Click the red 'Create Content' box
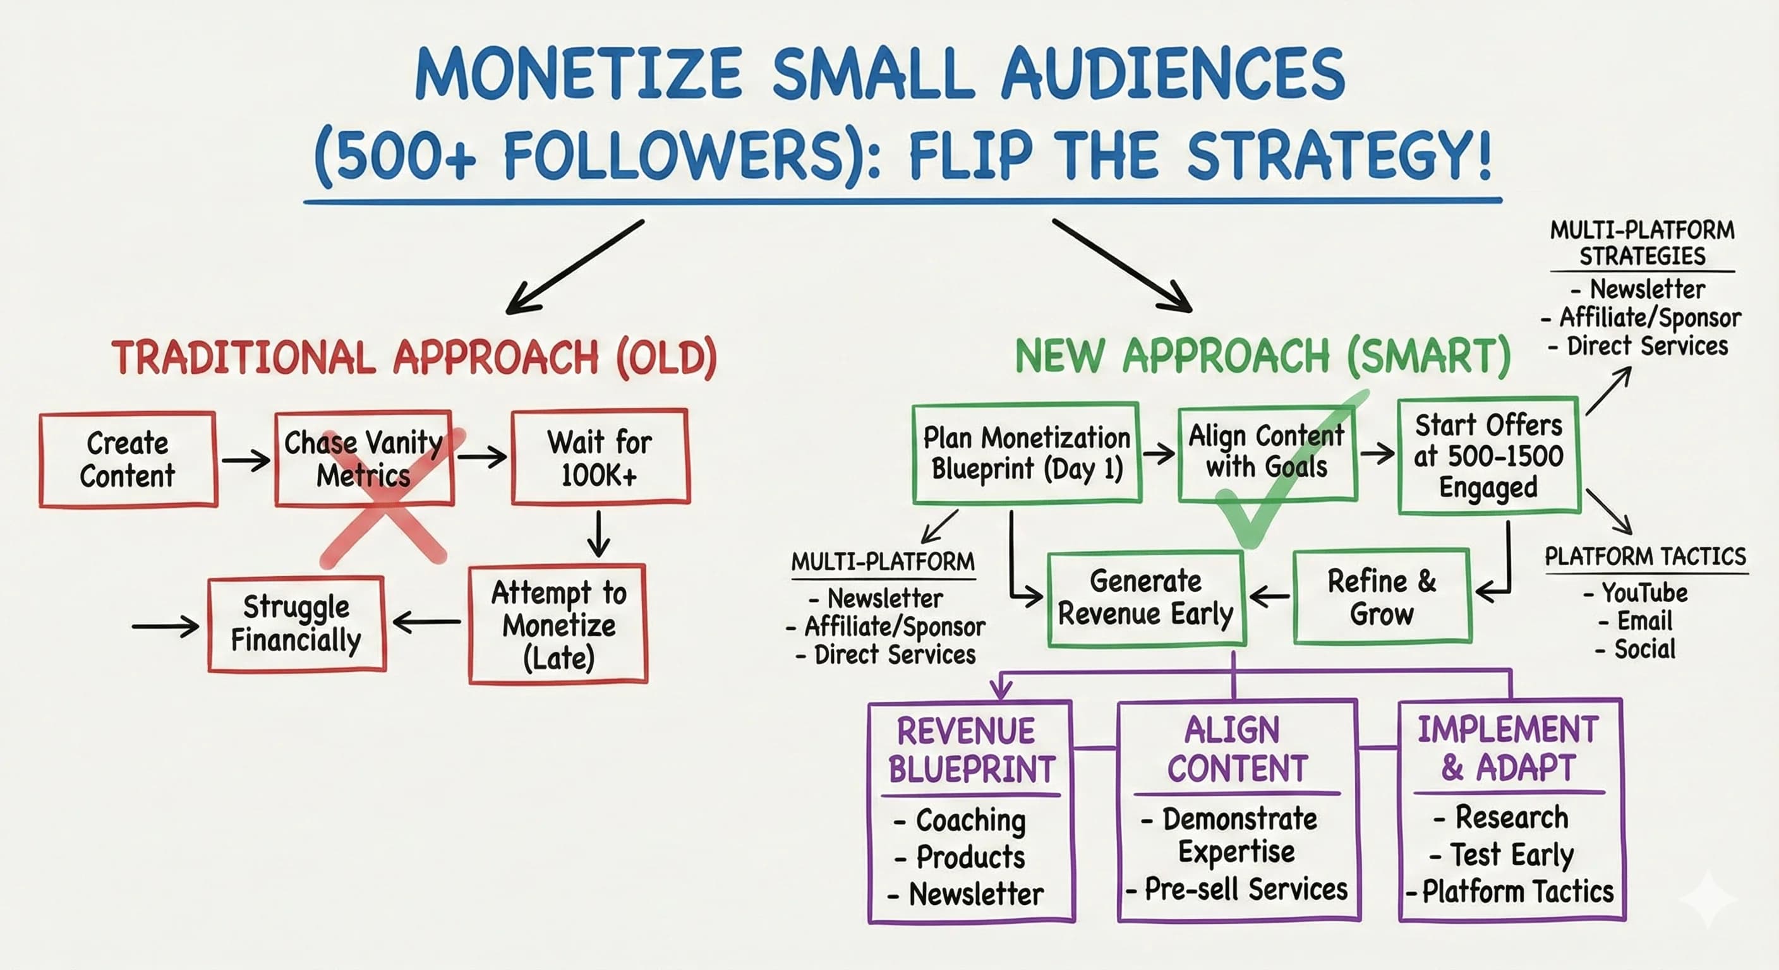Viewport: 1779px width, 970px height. click(128, 460)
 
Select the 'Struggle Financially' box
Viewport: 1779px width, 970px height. click(296, 623)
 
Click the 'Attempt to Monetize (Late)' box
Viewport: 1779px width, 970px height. click(558, 624)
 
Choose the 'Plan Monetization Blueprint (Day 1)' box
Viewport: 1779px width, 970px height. click(1026, 453)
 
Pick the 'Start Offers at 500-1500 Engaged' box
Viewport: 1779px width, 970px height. click(1488, 456)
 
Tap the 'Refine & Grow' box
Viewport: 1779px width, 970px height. click(1382, 597)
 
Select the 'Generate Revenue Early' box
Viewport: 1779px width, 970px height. click(1146, 598)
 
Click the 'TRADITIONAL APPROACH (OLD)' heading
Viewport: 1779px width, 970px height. click(414, 358)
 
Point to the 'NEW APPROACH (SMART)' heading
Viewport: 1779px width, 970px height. click(1262, 357)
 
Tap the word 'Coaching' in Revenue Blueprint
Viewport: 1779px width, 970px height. click(970, 820)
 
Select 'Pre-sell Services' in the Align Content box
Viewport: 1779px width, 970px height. click(1245, 889)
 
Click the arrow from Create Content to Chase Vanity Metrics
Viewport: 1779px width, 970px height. click(246, 460)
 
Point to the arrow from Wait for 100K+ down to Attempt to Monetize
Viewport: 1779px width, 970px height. click(598, 533)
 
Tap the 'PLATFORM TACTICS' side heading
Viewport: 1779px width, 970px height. click(1645, 556)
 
